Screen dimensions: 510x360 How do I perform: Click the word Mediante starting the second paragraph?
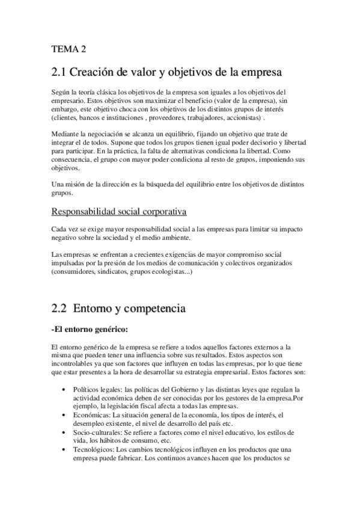(x=65, y=134)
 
